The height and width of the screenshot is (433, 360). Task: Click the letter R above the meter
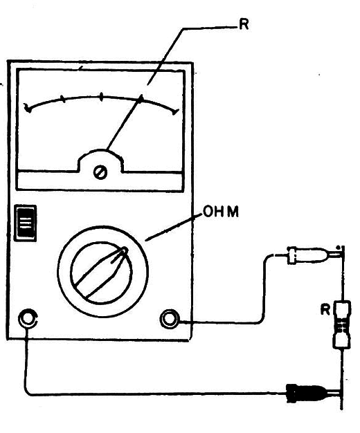click(244, 25)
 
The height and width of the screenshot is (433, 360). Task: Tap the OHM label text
click(221, 212)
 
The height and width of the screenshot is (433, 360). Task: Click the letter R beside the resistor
click(325, 310)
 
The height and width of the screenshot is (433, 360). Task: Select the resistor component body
click(342, 324)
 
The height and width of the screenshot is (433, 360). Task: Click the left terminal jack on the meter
click(28, 318)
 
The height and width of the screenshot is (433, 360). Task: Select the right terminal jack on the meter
click(169, 319)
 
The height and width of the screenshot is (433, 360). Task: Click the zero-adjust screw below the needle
click(100, 173)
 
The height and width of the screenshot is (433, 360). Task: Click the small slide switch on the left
click(26, 223)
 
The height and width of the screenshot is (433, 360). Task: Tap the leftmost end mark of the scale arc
click(28, 108)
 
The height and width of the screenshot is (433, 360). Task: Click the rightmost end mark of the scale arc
click(175, 111)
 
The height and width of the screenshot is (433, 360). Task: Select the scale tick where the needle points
click(141, 98)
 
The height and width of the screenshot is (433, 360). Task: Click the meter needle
click(124, 123)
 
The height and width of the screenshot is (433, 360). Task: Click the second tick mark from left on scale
click(63, 99)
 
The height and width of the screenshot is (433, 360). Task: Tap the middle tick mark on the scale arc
click(101, 97)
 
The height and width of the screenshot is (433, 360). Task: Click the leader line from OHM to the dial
click(174, 228)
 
